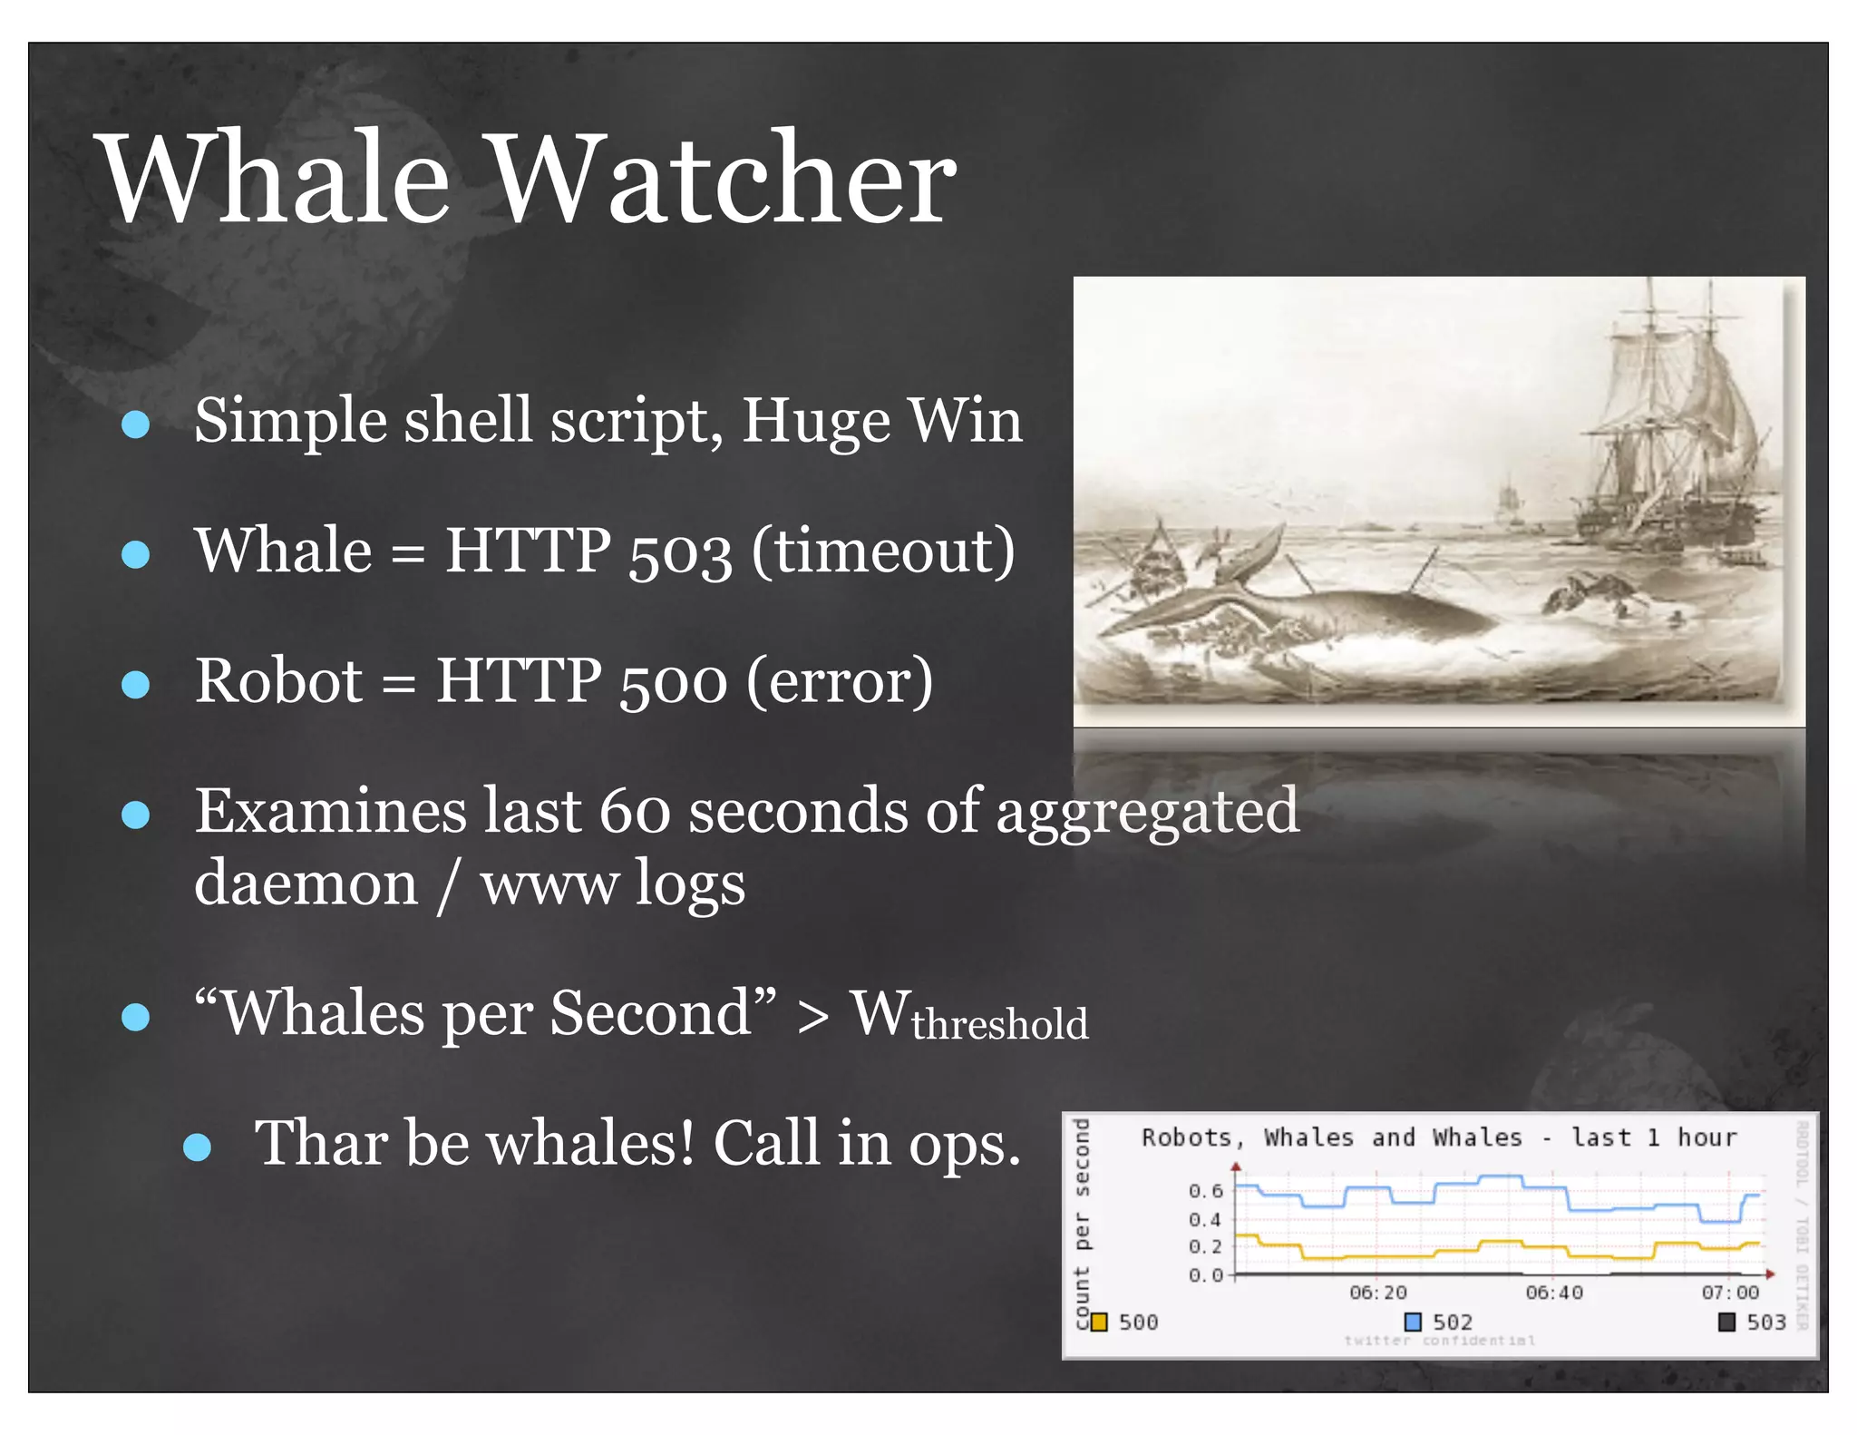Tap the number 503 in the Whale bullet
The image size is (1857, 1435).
pyautogui.click(x=680, y=553)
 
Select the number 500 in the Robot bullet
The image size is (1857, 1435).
pyautogui.click(x=673, y=683)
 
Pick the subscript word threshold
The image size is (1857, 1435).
pyautogui.click(x=999, y=1024)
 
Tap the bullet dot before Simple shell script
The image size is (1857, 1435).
pyautogui.click(x=135, y=424)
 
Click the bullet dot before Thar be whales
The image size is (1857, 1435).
pyautogui.click(x=197, y=1147)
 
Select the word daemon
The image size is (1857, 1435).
pyautogui.click(x=306, y=884)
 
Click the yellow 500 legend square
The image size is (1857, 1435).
pyautogui.click(x=1099, y=1322)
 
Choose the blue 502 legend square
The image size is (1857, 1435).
pyautogui.click(x=1413, y=1322)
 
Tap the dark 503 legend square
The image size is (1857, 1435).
pyautogui.click(x=1727, y=1322)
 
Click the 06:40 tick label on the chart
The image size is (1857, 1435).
pyautogui.click(x=1553, y=1292)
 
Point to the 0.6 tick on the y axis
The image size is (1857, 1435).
pyautogui.click(x=1205, y=1190)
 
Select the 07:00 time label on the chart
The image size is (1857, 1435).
pyautogui.click(x=1729, y=1292)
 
